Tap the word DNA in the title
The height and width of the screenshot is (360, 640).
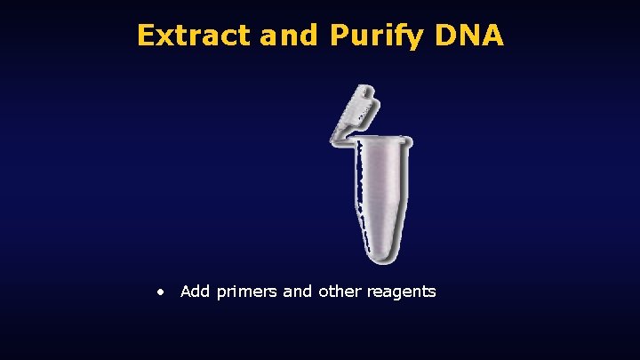pyautogui.click(x=472, y=35)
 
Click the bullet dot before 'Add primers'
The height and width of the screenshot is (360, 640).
pyautogui.click(x=159, y=292)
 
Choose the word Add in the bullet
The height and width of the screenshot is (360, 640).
pyautogui.click(x=194, y=292)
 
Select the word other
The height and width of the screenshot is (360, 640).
pyautogui.click(x=339, y=292)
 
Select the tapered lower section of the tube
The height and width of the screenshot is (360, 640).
pyautogui.click(x=383, y=227)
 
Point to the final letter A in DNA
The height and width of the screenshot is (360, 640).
pyautogui.click(x=494, y=35)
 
